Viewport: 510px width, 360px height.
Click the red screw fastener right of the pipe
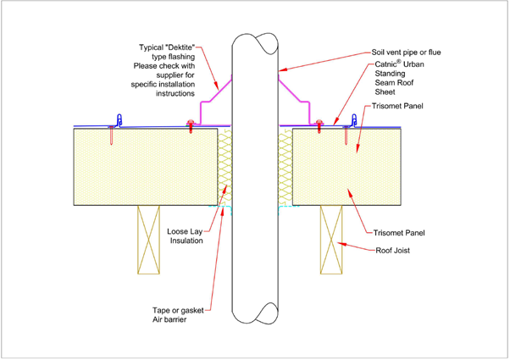coord(319,126)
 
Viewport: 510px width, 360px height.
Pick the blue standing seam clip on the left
coord(119,120)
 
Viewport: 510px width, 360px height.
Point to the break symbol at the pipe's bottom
coord(255,311)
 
